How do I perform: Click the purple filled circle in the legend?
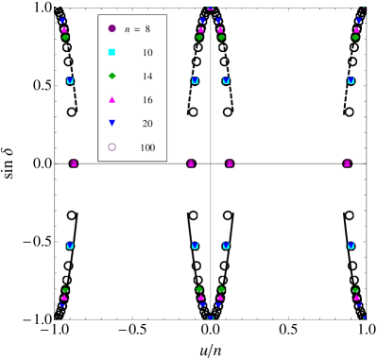pos(111,28)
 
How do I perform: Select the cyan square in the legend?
pos(111,52)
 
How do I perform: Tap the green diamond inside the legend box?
pos(111,76)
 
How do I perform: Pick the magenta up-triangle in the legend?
pos(111,99)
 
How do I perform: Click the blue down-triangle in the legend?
pos(111,123)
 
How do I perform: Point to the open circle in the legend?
pos(111,146)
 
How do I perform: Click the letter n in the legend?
pos(127,29)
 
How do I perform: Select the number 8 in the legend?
pos(147,29)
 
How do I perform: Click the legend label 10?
pos(146,53)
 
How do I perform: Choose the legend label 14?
pos(146,77)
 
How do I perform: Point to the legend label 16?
pos(146,100)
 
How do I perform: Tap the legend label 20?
pos(146,124)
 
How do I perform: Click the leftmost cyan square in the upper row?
pos(70,80)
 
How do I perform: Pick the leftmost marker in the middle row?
pos(74,163)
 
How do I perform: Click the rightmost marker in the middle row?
pos(348,163)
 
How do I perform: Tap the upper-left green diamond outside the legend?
pos(65,37)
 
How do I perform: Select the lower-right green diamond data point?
pos(355,290)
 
